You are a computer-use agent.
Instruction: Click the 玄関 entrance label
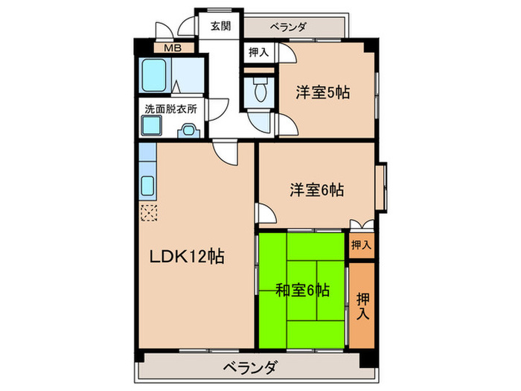220,26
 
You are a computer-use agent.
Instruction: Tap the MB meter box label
172,48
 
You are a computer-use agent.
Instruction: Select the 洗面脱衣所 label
170,107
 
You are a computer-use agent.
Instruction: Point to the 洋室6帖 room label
316,190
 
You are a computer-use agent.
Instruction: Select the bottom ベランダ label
249,367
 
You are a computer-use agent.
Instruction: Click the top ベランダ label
288,27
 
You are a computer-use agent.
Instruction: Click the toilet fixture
260,91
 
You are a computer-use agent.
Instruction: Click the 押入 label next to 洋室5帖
259,52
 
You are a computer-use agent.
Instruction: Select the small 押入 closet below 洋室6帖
361,244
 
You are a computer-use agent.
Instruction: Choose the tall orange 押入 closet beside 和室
362,305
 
